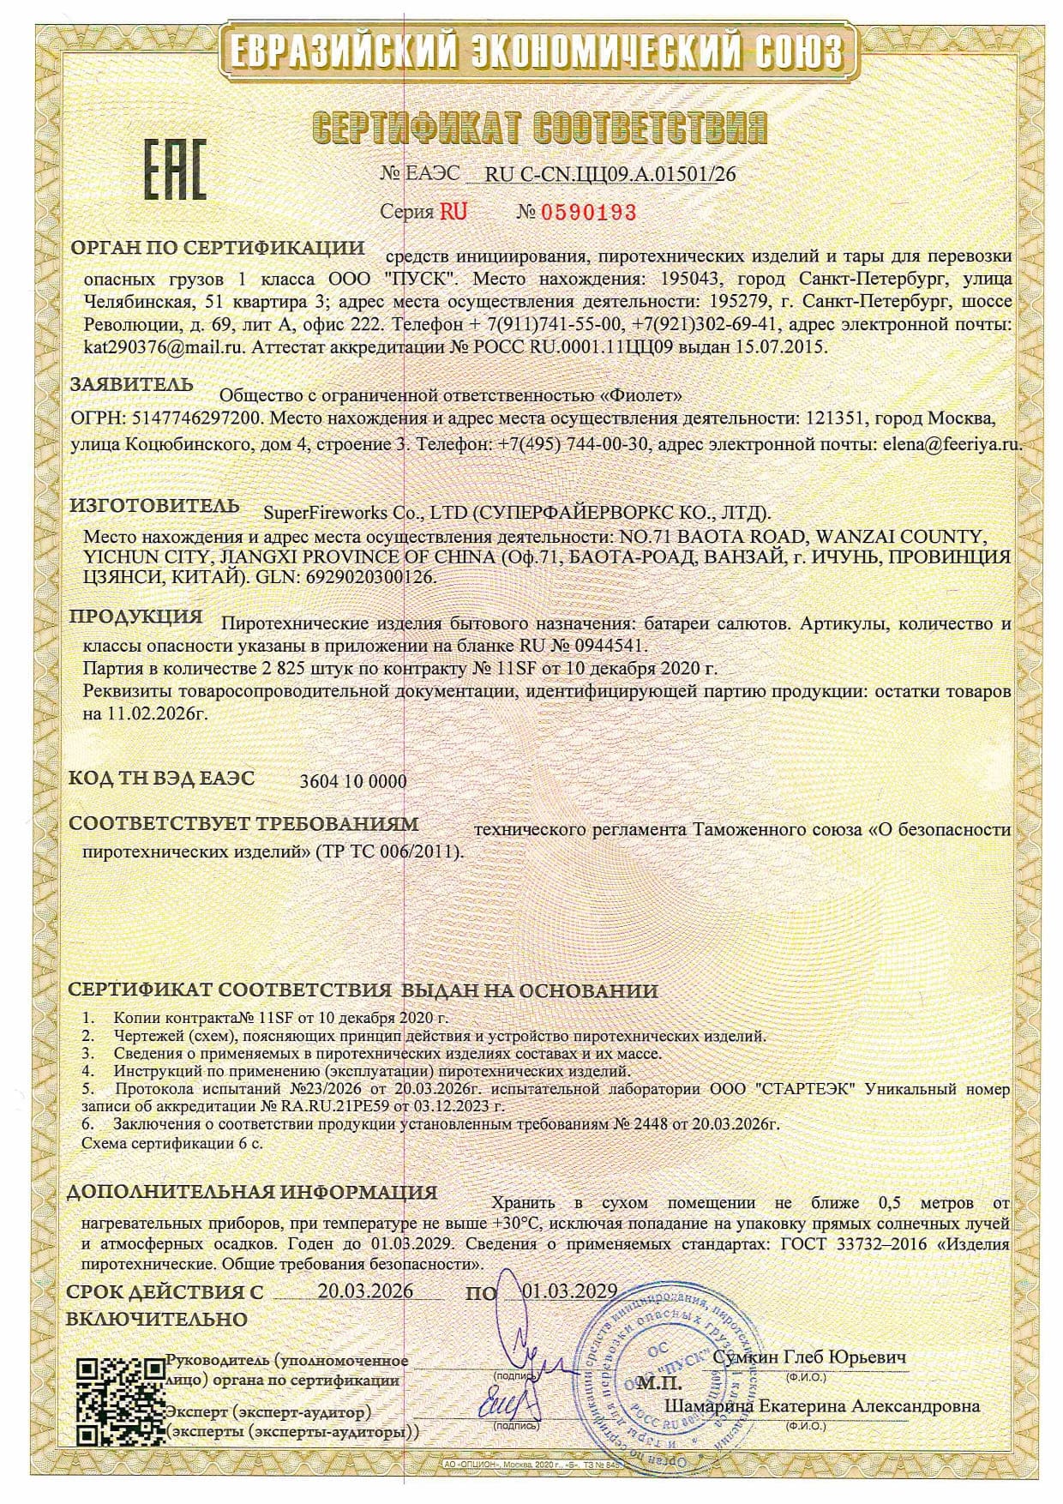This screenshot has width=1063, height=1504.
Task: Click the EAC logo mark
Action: click(174, 170)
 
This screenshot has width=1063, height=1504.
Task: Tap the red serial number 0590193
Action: click(589, 212)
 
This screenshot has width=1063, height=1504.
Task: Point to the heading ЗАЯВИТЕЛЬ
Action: click(131, 385)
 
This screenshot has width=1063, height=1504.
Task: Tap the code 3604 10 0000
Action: click(354, 781)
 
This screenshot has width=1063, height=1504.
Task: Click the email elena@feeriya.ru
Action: click(951, 445)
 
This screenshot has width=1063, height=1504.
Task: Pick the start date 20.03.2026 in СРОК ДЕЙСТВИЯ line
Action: click(365, 1291)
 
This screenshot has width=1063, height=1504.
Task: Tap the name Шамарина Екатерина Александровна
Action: click(822, 1406)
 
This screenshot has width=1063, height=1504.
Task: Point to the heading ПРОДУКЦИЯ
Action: click(135, 617)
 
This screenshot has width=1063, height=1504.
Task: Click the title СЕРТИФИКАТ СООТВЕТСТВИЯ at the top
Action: click(538, 127)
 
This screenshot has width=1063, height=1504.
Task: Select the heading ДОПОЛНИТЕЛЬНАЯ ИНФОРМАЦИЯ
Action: click(252, 1193)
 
